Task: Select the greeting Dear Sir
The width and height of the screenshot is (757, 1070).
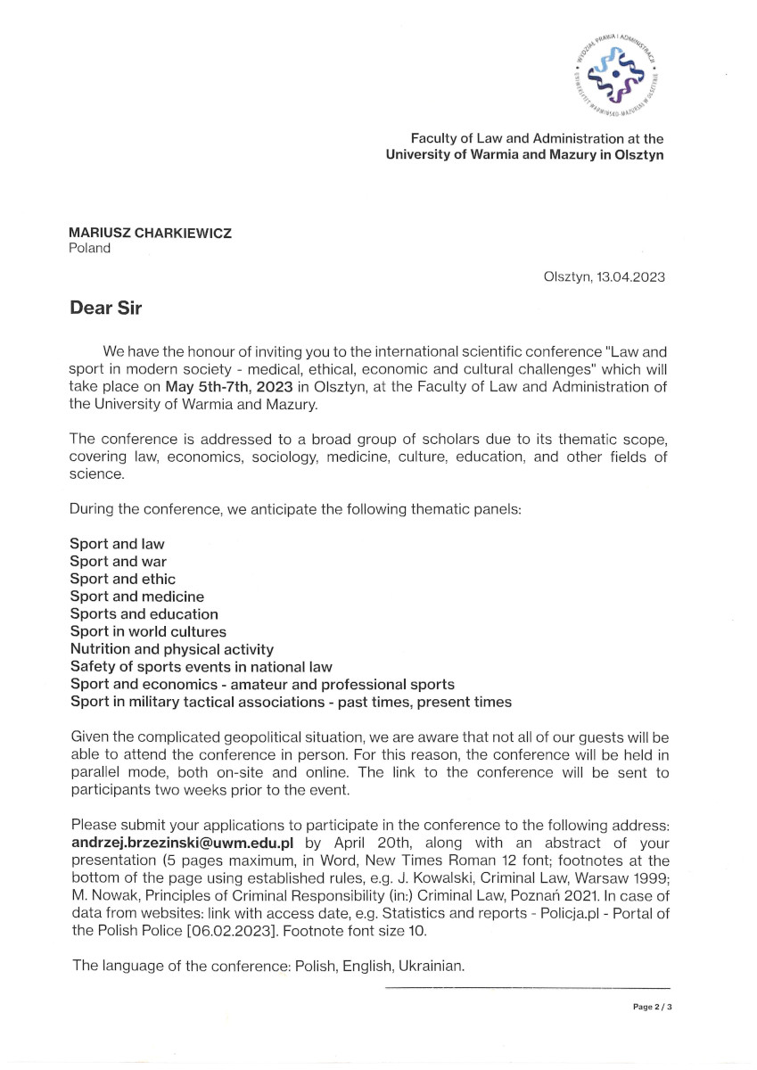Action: [x=106, y=309]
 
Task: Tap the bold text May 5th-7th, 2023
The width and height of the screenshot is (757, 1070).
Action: [x=223, y=388]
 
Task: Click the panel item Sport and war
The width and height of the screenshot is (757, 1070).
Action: [x=118, y=562]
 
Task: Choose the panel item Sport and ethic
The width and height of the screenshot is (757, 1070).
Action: [x=122, y=580]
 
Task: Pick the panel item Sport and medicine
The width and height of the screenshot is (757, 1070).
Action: [x=136, y=597]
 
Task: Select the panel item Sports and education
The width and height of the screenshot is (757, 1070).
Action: [x=144, y=614]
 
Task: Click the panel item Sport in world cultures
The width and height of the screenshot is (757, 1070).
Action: [x=148, y=632]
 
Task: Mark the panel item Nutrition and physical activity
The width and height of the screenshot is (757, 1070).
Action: [x=171, y=649]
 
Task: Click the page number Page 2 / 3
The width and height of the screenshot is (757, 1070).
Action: [x=652, y=1007]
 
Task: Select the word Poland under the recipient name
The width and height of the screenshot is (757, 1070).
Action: [x=90, y=249]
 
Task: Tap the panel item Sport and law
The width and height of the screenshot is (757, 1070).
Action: [x=117, y=544]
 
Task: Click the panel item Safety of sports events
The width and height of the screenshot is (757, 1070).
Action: [x=201, y=667]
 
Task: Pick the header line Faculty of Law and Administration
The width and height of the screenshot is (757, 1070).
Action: [x=537, y=139]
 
